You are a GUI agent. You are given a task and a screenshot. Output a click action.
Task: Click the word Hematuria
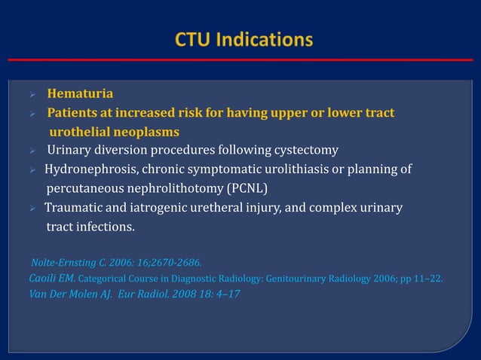(x=81, y=94)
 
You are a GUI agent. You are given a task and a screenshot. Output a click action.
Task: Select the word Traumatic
(x=75, y=206)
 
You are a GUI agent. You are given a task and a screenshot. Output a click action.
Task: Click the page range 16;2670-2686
(x=167, y=263)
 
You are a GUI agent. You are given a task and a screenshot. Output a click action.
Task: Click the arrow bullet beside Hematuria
(x=32, y=95)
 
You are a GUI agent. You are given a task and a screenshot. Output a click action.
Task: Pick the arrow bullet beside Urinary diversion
(x=32, y=151)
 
